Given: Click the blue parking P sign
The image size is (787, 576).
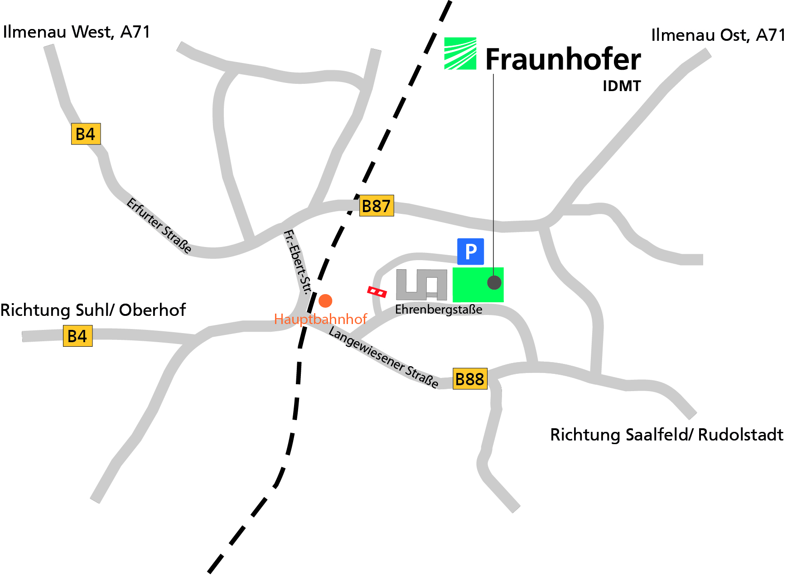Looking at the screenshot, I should coord(470,251).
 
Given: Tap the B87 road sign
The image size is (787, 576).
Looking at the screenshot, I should coord(376,206).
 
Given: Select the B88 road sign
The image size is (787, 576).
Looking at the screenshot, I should coord(470,379).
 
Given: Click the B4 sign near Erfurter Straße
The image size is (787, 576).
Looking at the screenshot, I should coord(86,134).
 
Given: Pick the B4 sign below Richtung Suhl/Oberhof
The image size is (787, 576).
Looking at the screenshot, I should coord(77,336).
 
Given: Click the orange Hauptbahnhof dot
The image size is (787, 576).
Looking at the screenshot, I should coord(325,300).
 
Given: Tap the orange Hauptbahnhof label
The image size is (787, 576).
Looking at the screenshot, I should coord(320,319).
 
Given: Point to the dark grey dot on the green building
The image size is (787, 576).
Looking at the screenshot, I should coord(494,282).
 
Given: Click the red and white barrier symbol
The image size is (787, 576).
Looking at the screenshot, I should coord(377,292).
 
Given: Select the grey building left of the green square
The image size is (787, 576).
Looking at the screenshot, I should coord(421,285).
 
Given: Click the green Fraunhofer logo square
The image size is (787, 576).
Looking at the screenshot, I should coord(460,53).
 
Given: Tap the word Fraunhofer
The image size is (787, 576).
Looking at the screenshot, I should coord(563,59).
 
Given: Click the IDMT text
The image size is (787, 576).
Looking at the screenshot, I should coord(622,86).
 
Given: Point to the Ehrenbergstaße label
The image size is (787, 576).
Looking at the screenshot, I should coord(438,310).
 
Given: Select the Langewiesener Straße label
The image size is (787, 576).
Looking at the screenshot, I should coord(383,357).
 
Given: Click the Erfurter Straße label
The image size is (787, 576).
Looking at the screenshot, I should coord(159,225).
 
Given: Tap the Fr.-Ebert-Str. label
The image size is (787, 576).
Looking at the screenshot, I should coord(298,262).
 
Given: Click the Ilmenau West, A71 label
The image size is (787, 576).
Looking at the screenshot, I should coord(76,32).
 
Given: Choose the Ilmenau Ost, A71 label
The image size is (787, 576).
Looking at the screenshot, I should coord(718,35).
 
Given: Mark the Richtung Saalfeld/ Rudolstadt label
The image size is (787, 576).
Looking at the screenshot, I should coord(666,435).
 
